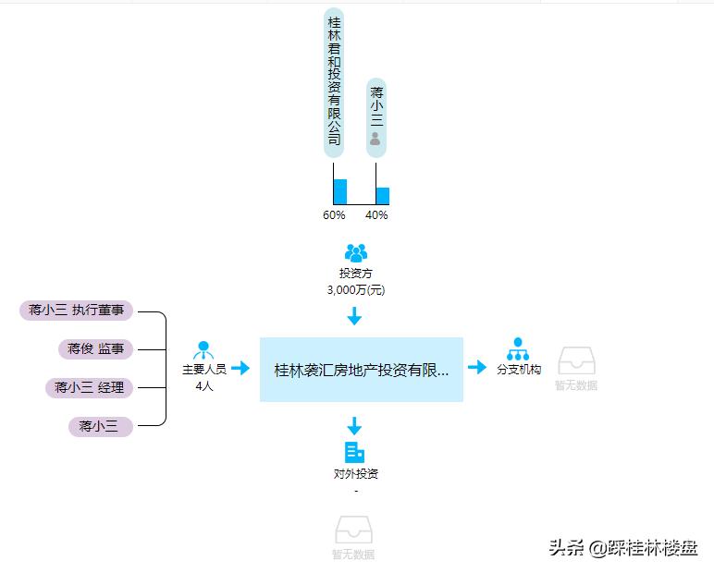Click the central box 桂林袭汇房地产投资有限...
361,370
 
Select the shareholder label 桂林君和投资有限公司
334,81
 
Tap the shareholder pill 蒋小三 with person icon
375,116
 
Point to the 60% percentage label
334,215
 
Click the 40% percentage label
376,215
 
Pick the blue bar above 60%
340,191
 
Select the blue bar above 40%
383,196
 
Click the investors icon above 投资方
356,252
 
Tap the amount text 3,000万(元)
356,289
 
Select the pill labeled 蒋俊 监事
95,349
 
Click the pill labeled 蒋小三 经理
89,388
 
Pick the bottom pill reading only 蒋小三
100,426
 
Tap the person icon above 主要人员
203,350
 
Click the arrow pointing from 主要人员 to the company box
240,368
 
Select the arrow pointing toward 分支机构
477,368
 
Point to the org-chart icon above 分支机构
518,349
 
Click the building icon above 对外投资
355,452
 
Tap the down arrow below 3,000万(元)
354,316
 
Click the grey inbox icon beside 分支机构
576,361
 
